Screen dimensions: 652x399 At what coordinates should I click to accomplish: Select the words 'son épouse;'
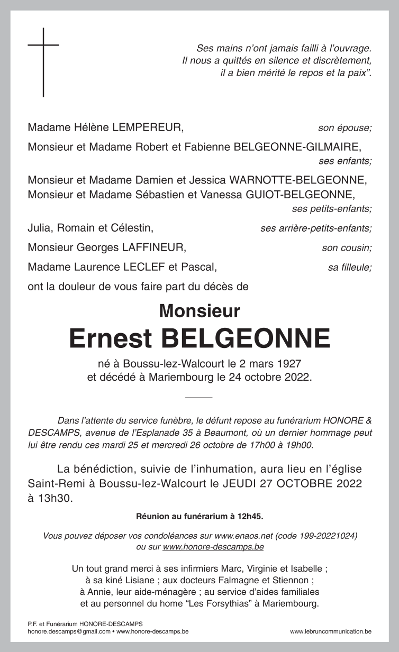[x=344, y=128]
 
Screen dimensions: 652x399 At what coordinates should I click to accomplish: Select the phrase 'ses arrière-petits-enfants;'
[x=316, y=229]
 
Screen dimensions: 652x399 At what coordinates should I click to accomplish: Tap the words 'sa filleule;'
[x=349, y=268]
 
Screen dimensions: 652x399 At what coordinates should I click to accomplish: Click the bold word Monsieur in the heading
[x=199, y=310]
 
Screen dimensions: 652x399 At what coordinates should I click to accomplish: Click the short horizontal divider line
[x=199, y=397]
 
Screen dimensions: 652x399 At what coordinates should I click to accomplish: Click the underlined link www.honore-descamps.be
[x=213, y=547]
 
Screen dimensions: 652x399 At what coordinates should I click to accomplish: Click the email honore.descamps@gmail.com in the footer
[x=69, y=631]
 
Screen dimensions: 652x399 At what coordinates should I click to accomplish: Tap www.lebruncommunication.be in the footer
[x=331, y=631]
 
